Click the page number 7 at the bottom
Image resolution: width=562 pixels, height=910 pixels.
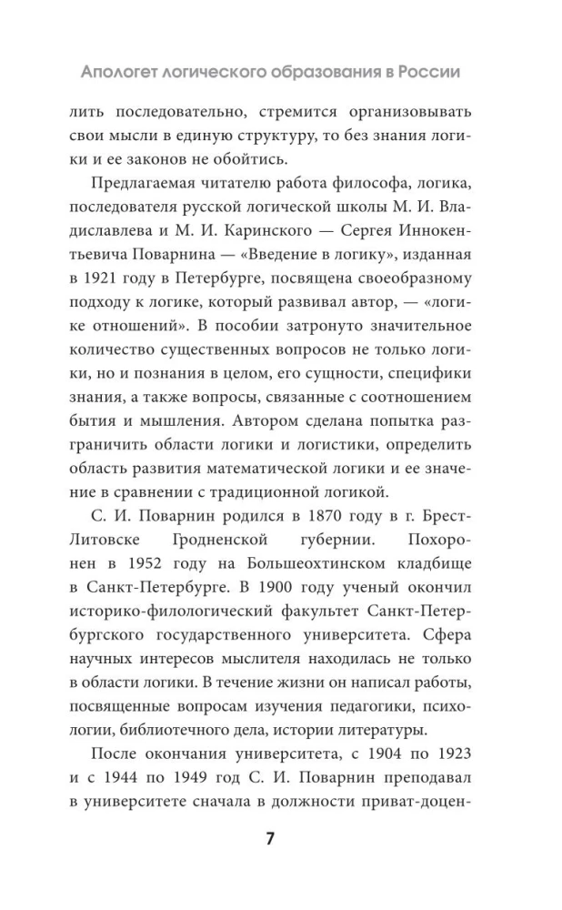(269, 838)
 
